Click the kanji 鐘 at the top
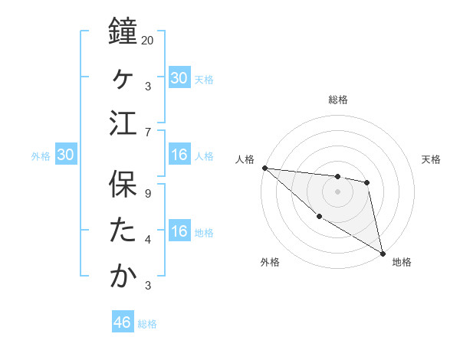pos(123,34)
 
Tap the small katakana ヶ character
pos(123,77)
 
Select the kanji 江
pos(123,123)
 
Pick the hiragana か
pos(123,276)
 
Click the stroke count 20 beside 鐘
pos(148,40)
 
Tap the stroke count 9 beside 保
pos(148,193)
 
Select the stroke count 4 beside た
pos(148,239)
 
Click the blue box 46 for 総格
pos(123,322)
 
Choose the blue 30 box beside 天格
pos(179,78)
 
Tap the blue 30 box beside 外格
pos(65,155)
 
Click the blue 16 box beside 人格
pos(179,155)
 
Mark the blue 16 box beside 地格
pos(179,231)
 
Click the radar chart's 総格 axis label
pos(338,100)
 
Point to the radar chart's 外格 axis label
pos(270,262)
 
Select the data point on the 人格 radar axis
pos(264,168)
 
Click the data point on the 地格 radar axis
pos(383,253)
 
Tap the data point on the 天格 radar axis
pos(367,182)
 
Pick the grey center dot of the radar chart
pos(338,191)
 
